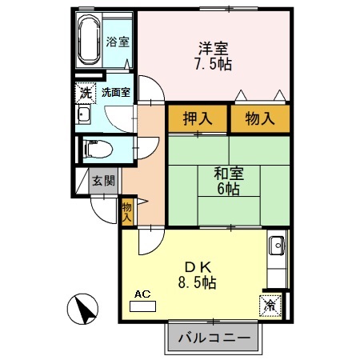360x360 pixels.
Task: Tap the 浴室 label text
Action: click(x=118, y=42)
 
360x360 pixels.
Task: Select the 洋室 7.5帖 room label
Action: click(x=214, y=55)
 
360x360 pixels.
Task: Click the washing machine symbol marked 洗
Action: click(x=86, y=92)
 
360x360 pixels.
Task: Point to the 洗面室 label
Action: click(x=116, y=92)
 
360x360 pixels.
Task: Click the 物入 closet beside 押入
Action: click(x=259, y=118)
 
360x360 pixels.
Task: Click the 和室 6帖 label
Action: click(x=228, y=180)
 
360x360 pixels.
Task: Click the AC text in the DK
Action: click(x=142, y=294)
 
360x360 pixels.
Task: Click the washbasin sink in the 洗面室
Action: click(x=83, y=114)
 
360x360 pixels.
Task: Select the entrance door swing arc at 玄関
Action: click(x=102, y=210)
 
